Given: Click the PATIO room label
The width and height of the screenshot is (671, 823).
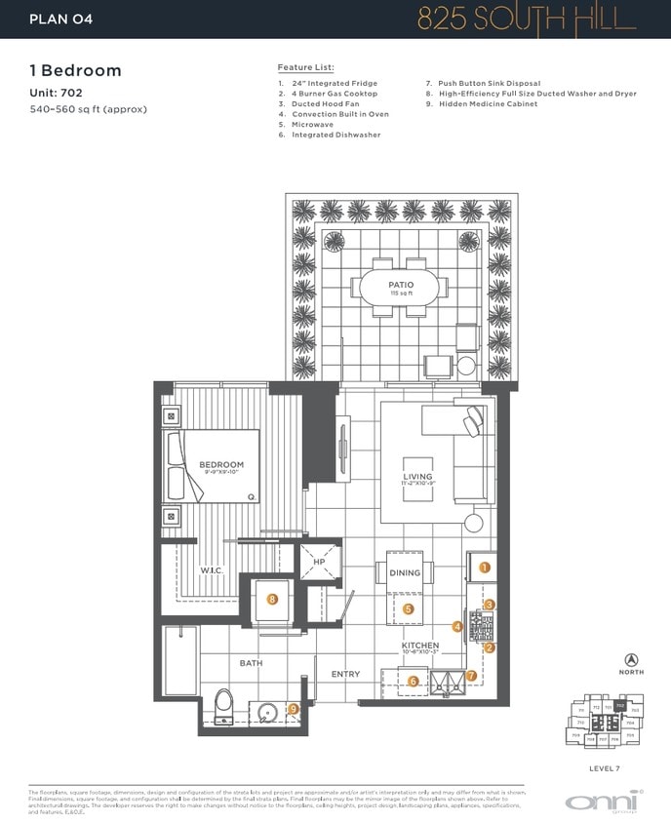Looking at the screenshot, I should click(x=400, y=285).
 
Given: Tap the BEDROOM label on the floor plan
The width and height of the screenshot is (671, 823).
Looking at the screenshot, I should click(x=221, y=465).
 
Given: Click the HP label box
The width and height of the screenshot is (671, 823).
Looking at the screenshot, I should click(x=319, y=562).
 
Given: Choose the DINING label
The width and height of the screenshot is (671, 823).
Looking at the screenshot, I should click(x=405, y=573).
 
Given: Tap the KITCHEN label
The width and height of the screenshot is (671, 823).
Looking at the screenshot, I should click(x=420, y=647).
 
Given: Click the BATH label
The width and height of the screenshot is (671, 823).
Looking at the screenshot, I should click(x=252, y=663).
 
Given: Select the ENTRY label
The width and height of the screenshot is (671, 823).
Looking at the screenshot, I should click(x=345, y=674).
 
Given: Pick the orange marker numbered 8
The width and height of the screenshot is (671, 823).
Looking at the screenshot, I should click(x=273, y=600).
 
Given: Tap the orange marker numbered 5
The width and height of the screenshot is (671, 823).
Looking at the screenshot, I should click(x=409, y=608).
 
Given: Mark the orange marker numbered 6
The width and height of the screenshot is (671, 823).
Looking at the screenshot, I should click(x=414, y=682).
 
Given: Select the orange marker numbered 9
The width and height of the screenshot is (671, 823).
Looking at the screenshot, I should click(x=293, y=709).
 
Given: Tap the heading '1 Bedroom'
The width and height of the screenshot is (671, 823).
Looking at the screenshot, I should click(x=75, y=70).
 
